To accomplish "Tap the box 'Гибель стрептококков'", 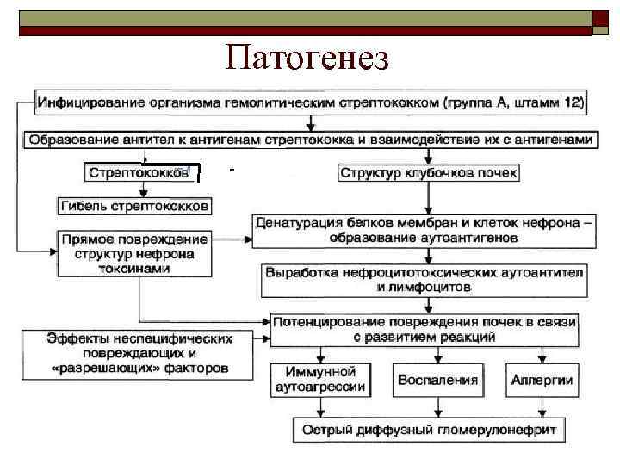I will click(x=134, y=207).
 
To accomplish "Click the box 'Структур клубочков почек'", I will click(x=429, y=173).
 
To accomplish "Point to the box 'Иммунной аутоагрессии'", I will click(x=319, y=379).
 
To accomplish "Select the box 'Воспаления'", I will click(x=437, y=379).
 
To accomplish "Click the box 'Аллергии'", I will click(x=542, y=379).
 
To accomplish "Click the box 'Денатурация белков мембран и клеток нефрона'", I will click(x=423, y=229).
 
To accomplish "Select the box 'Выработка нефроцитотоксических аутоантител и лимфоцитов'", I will click(x=423, y=278).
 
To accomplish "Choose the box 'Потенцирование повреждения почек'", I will click(x=423, y=327).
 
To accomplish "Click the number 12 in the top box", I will click(x=573, y=103).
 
